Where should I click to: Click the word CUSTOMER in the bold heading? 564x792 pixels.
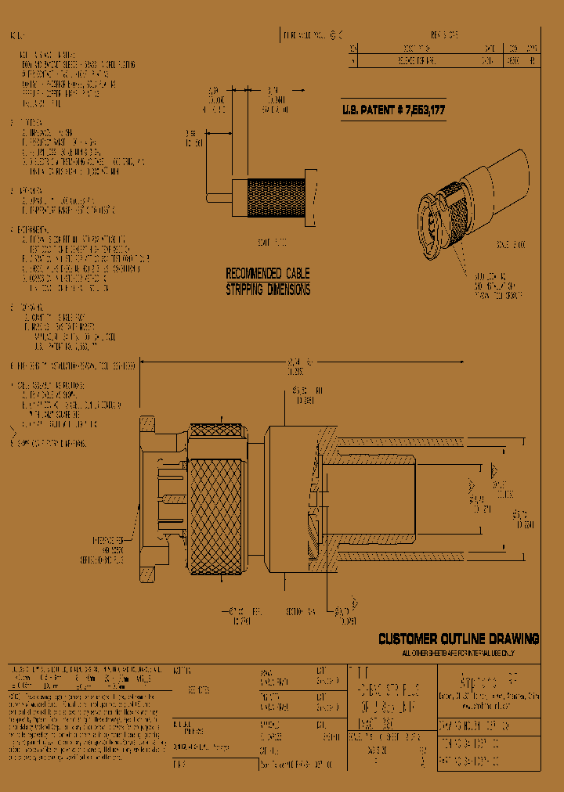click(409, 639)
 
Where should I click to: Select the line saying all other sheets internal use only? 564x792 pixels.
click(458, 652)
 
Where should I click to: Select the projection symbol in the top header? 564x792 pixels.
click(338, 35)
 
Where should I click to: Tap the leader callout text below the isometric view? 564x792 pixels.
click(497, 286)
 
